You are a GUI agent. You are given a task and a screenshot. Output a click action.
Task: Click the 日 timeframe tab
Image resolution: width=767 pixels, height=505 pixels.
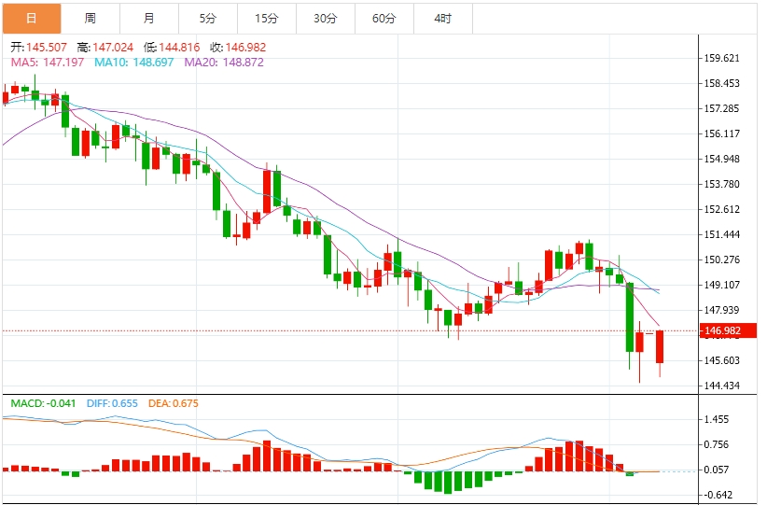[x=31, y=18]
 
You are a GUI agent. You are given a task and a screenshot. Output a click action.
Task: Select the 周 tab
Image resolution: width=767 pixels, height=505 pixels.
[x=90, y=18]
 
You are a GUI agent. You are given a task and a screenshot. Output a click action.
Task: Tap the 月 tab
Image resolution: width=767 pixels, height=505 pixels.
[x=149, y=18]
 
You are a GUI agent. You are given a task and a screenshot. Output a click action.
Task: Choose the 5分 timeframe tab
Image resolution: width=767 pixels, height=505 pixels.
[x=207, y=18]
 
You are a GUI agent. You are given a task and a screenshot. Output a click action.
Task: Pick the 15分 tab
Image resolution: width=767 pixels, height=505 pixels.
[x=266, y=18]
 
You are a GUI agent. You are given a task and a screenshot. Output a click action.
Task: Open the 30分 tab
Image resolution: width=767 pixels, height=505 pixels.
[x=325, y=18]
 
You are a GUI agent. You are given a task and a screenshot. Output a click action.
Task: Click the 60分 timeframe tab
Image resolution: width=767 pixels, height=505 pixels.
[x=383, y=18]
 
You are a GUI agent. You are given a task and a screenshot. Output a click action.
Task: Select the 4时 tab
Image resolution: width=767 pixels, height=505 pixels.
[x=442, y=18]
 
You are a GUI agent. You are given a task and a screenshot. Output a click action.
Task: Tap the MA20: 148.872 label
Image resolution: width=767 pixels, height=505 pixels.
[x=224, y=62]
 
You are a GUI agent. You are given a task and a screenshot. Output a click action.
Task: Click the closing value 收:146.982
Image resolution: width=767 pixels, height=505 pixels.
[x=238, y=47]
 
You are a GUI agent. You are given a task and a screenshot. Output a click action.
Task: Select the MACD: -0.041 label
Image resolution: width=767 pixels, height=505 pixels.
[x=43, y=403]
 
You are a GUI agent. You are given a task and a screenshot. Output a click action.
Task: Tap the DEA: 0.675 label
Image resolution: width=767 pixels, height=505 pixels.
[x=173, y=403]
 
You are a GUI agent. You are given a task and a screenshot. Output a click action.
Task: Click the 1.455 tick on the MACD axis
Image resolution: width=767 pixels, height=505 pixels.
[x=718, y=420]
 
